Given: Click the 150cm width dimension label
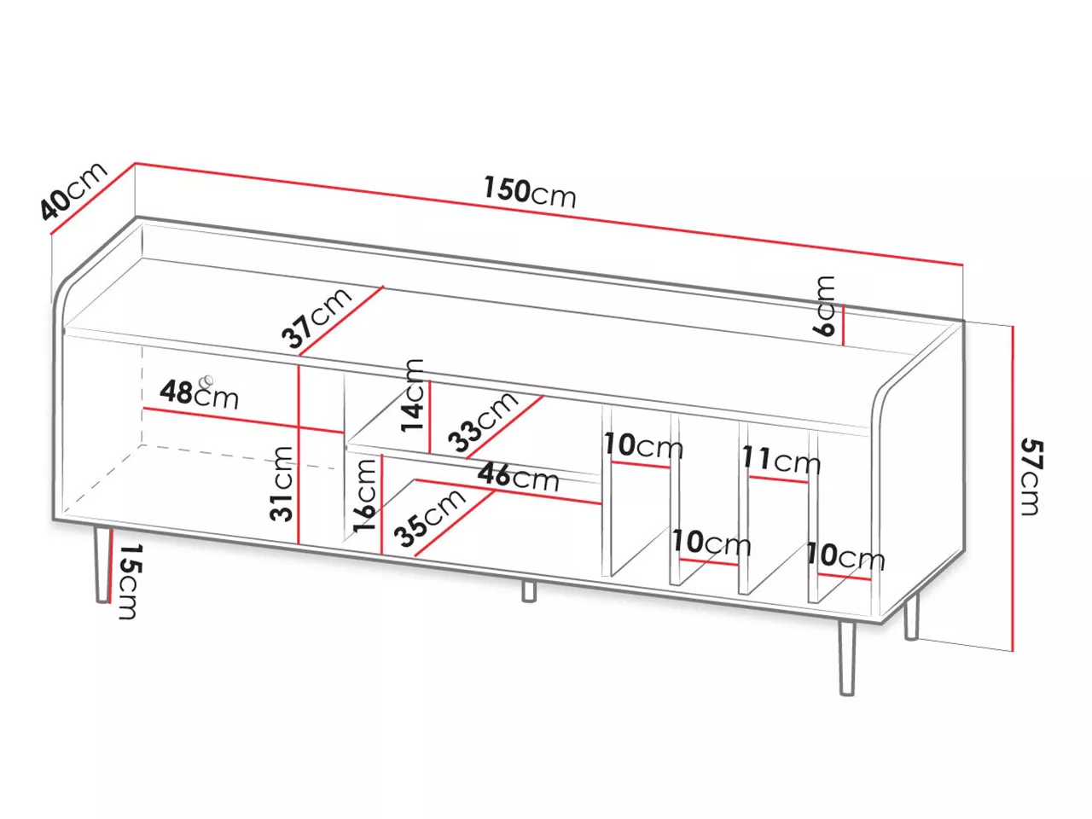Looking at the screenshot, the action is click(x=529, y=191).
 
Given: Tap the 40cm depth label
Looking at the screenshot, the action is click(x=73, y=190).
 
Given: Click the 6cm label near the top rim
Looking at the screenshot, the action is click(x=822, y=305).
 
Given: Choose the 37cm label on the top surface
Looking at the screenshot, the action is click(x=317, y=317).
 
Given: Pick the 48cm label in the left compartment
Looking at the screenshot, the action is click(x=199, y=394).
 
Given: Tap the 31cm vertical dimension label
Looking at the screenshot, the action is click(x=281, y=484).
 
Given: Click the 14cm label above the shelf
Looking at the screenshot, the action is click(x=412, y=396).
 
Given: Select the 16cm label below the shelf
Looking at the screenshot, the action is click(x=363, y=496).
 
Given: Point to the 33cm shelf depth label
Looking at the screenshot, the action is click(x=483, y=422).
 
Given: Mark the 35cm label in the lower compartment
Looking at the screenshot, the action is click(x=429, y=518).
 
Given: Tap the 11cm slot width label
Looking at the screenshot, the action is click(x=781, y=460).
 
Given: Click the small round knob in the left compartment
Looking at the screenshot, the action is click(x=206, y=381).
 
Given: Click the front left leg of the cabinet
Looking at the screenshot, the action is click(x=102, y=565).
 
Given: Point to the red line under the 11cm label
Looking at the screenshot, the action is click(x=778, y=479).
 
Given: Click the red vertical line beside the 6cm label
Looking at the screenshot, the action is click(x=843, y=325).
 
